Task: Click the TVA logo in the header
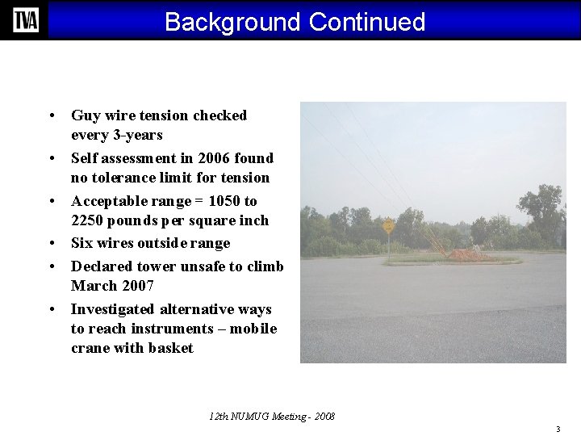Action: point(25,20)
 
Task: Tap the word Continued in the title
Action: point(366,22)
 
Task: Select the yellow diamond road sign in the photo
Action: point(389,226)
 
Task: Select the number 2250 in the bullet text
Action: point(88,220)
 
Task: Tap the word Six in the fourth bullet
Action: point(82,243)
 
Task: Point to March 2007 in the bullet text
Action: point(112,286)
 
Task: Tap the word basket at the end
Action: point(171,348)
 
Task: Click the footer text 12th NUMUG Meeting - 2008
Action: point(272,417)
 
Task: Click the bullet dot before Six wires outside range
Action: point(51,244)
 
